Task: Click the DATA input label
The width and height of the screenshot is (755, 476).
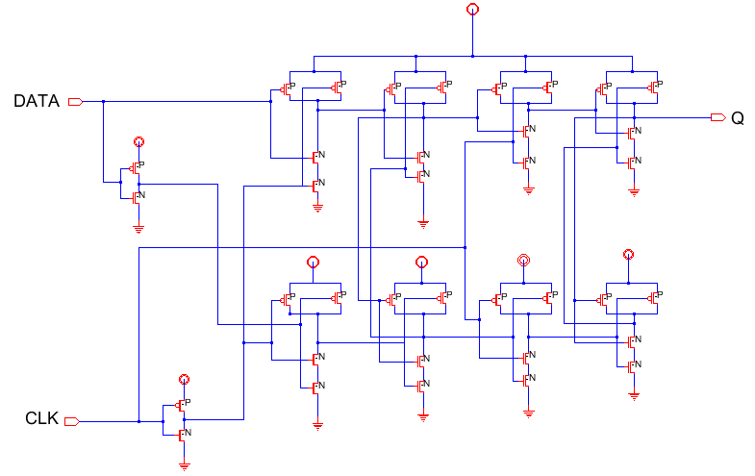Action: click(36, 101)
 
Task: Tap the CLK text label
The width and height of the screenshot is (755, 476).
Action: click(41, 419)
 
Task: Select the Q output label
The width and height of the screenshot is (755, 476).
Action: click(737, 118)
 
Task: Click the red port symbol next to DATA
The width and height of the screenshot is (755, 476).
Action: click(76, 101)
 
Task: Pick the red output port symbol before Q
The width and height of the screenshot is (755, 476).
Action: click(717, 117)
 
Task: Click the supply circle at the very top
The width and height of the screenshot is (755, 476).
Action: click(471, 10)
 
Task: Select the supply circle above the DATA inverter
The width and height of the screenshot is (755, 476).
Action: click(138, 141)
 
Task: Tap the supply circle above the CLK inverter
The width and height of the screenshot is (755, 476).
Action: click(184, 380)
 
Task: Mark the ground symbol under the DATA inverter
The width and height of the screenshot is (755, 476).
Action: click(138, 228)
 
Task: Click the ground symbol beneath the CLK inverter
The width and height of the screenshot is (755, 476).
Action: click(184, 465)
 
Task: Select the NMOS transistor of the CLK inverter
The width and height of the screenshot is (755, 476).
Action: click(182, 434)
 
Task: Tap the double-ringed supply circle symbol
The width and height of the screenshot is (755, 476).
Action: click(523, 260)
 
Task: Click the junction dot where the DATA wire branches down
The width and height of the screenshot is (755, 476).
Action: click(104, 101)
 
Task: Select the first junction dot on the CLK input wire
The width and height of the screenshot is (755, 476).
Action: click(139, 420)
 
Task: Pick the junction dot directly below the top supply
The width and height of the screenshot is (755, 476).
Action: click(471, 56)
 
